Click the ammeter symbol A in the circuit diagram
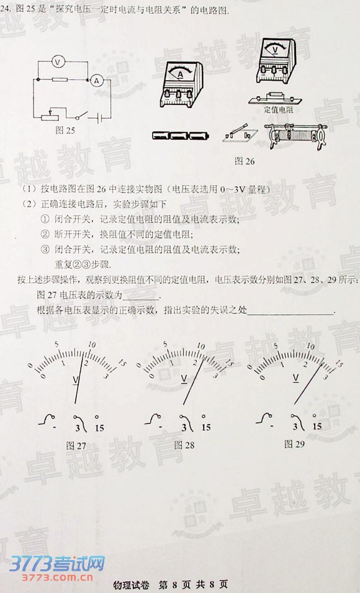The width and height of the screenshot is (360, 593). [x=96, y=79]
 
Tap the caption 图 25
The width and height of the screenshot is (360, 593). [x=65, y=130]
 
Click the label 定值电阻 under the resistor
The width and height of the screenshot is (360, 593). [x=278, y=110]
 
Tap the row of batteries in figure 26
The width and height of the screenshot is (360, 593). [x=179, y=134]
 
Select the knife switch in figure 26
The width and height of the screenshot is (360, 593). [x=238, y=132]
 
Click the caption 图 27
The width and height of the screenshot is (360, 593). [x=76, y=445]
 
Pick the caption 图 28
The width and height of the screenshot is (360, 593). [x=184, y=445]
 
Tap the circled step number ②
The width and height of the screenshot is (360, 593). [x=45, y=234]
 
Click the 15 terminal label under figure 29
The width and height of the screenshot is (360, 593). [x=317, y=427]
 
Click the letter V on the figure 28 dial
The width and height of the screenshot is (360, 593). [x=184, y=378]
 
